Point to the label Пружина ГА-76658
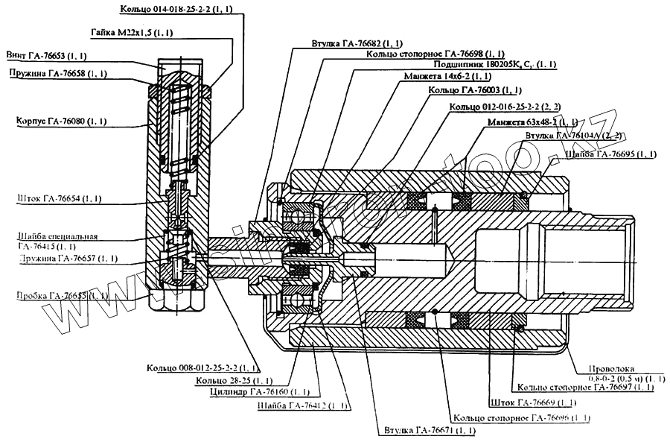[x=57, y=73]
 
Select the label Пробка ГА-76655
[x=61, y=295]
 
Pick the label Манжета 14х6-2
[x=447, y=77]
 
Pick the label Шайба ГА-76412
[x=301, y=405]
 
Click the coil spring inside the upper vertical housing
[x=179, y=127]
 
